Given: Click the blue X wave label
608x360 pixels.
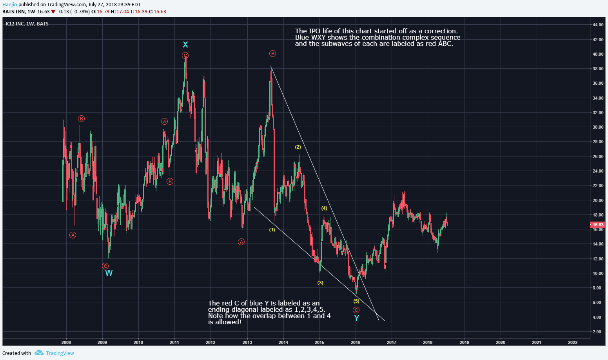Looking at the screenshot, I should tap(185, 45).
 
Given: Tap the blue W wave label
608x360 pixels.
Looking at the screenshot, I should tap(109, 273).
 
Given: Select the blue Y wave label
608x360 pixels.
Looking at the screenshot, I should tap(356, 318).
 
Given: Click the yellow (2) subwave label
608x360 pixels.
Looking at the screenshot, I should tap(298, 147).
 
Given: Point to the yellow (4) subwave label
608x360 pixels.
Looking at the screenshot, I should tap(324, 208).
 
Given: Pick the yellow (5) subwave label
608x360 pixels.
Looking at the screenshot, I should tap(356, 301).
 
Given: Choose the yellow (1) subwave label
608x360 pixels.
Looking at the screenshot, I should tap(272, 230).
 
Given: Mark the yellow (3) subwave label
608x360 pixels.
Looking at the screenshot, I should tap(320, 283).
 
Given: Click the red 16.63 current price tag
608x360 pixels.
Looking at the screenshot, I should tap(598, 225).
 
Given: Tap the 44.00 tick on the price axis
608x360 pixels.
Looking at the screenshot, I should tap(598, 25).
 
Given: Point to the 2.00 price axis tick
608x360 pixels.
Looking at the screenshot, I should tap(597, 332).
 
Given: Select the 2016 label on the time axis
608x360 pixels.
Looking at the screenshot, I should tap(356, 342).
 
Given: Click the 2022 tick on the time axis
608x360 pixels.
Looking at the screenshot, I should tap(573, 342).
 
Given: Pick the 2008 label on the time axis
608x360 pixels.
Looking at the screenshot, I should tap(66, 342).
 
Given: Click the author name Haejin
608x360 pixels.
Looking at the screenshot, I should tap(9, 5).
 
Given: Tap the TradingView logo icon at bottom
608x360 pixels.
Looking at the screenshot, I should tap(39, 353).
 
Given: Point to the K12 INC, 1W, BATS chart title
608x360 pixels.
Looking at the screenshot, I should tap(27, 24).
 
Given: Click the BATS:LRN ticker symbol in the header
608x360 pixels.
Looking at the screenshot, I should tap(13, 12).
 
